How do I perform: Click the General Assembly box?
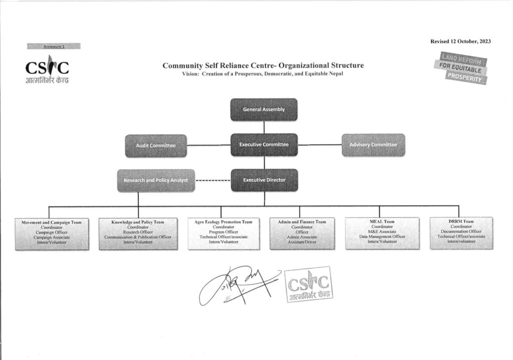pos(264,109)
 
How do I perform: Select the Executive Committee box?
pos(264,145)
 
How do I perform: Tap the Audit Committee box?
pos(156,145)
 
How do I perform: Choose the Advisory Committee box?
pos(373,145)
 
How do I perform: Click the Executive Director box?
pos(264,180)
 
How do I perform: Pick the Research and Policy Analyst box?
pos(156,180)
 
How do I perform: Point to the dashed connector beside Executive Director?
pos(212,180)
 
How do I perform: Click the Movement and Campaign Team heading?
pos(48,221)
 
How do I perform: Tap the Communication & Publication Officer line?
pos(138,237)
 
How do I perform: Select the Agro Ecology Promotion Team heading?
pos(223,221)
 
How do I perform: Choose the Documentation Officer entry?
pos(461,231)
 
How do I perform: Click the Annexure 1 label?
pos(54,46)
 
